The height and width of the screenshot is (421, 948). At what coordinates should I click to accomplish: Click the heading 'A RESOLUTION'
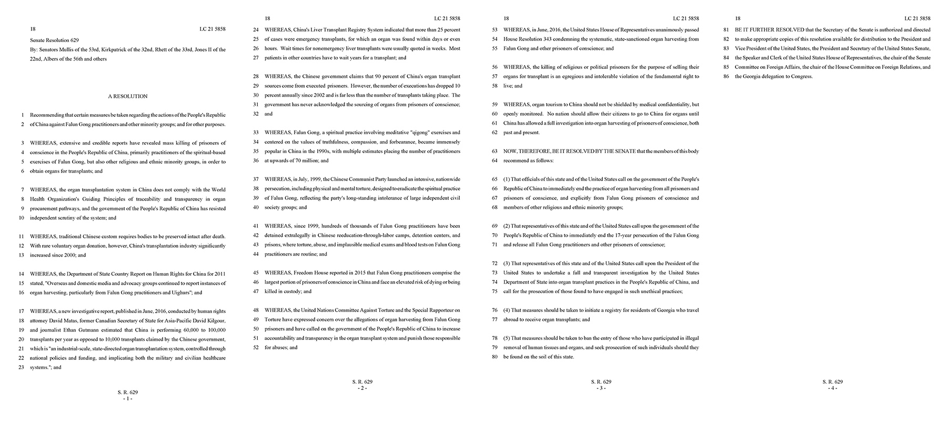click(128, 96)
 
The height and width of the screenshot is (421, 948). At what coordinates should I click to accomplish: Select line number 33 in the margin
click(256, 133)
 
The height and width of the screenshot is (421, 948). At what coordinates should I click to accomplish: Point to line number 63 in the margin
click(495, 152)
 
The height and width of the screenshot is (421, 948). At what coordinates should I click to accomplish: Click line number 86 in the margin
click(726, 77)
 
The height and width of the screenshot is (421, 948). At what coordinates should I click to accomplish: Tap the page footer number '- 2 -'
click(362, 388)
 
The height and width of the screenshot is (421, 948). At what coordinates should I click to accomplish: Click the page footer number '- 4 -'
click(832, 388)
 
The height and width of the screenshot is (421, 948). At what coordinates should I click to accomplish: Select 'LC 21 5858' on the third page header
click(686, 18)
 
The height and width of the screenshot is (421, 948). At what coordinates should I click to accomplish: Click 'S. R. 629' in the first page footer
click(128, 392)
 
